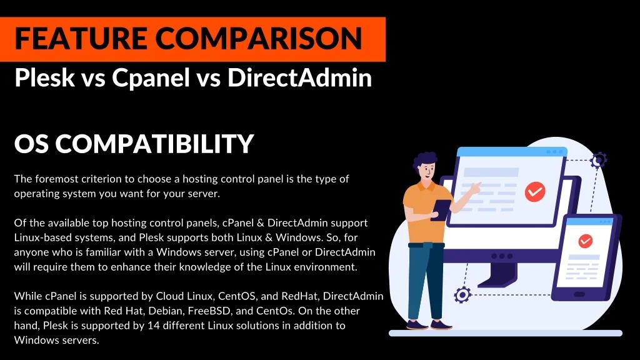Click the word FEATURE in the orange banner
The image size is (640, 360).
point(81,38)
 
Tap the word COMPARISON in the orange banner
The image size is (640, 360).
point(259,38)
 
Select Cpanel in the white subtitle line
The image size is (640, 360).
point(151,77)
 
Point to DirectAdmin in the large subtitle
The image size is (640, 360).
point(299,77)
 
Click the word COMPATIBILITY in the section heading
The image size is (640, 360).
point(155,143)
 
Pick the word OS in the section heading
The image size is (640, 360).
point(31,143)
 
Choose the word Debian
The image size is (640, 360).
point(165,311)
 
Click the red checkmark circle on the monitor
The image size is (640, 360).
point(535,191)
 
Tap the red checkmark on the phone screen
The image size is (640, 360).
point(585,241)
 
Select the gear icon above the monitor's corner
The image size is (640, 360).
point(599,160)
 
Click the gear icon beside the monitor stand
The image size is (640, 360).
point(462,295)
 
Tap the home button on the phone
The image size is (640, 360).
point(579,295)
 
